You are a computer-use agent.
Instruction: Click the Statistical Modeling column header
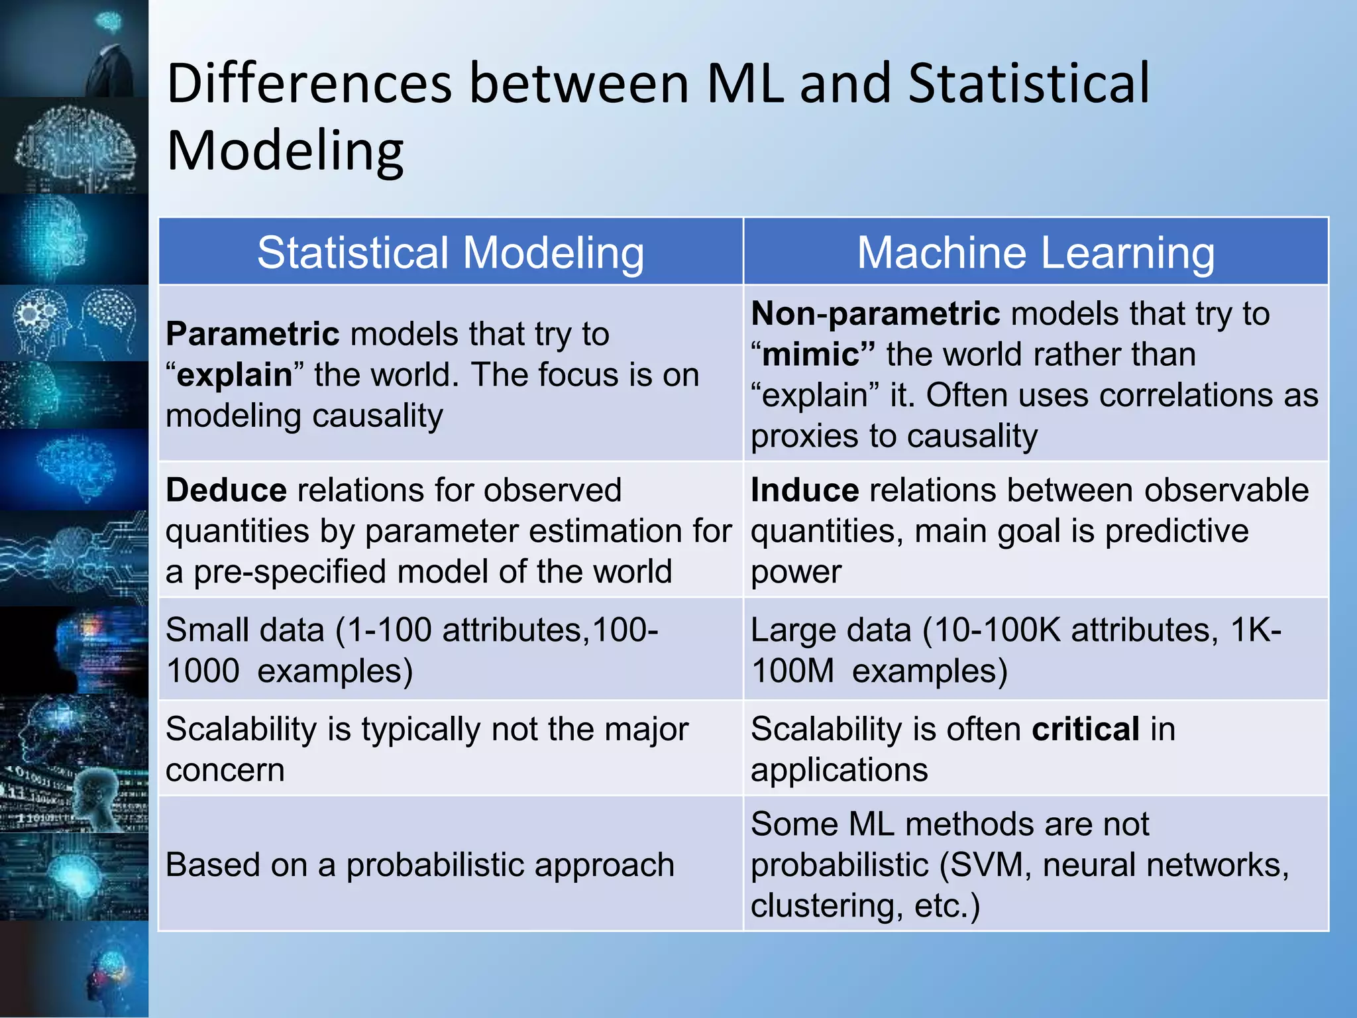[451, 253]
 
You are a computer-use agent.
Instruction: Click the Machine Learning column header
[1036, 253]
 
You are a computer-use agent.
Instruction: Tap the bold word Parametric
[252, 333]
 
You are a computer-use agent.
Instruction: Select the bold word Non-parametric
[875, 313]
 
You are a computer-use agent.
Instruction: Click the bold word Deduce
[226, 490]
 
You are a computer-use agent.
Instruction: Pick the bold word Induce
[804, 490]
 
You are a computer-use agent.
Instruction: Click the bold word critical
[1085, 729]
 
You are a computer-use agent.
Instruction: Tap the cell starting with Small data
[451, 650]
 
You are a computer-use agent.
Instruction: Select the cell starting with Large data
[1036, 650]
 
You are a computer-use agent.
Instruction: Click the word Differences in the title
[309, 84]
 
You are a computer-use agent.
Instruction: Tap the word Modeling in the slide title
[285, 151]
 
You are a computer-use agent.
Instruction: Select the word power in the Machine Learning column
[796, 572]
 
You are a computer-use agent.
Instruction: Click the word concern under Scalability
[225, 770]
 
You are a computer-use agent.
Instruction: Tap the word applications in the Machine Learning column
[839, 770]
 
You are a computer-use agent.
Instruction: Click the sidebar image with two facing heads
[74, 323]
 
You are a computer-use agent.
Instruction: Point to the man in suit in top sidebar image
[106, 66]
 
